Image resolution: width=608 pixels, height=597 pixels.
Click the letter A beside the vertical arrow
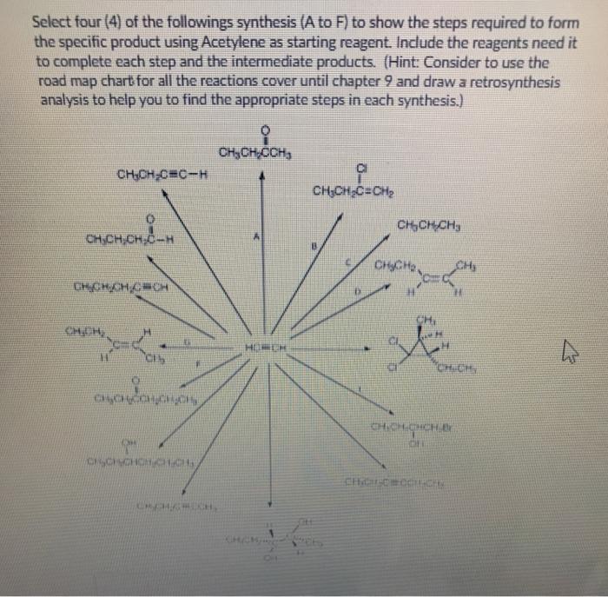(x=254, y=235)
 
